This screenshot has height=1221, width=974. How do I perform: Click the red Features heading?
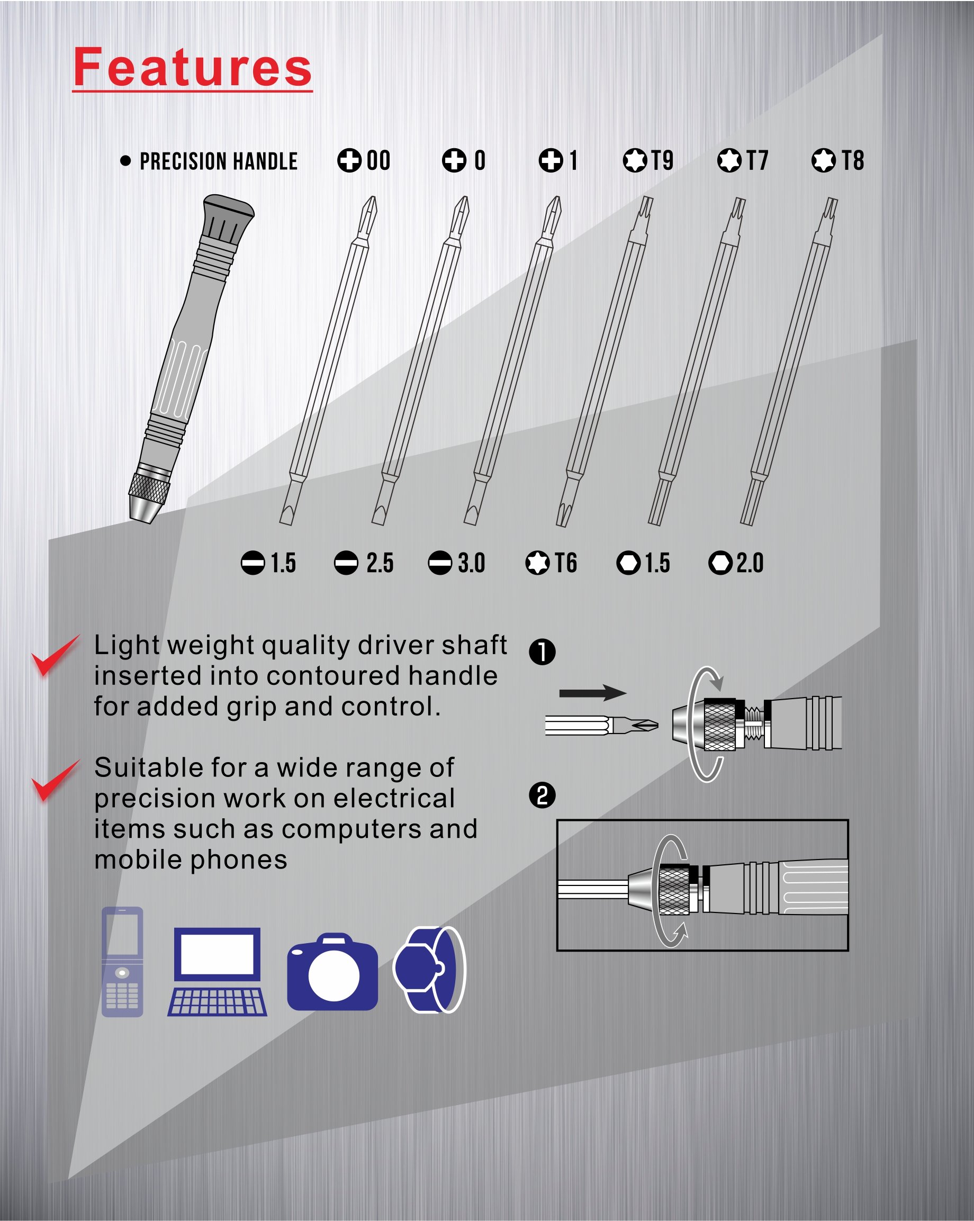pyautogui.click(x=193, y=67)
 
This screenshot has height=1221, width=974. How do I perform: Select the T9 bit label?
pyautogui.click(x=648, y=160)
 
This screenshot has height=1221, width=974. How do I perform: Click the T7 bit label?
pyautogui.click(x=743, y=160)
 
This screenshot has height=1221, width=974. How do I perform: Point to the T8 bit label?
pyautogui.click(x=837, y=160)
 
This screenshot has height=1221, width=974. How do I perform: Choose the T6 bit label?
pyautogui.click(x=551, y=563)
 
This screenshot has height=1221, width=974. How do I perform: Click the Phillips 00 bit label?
pyautogui.click(x=364, y=160)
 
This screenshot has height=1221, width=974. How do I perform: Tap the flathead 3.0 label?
pyautogui.click(x=456, y=563)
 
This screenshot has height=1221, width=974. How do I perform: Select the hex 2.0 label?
pyautogui.click(x=736, y=563)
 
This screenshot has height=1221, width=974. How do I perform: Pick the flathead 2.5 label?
pyautogui.click(x=364, y=563)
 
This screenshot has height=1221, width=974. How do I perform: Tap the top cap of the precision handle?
pyautogui.click(x=228, y=210)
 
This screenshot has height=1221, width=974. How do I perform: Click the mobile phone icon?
pyautogui.click(x=122, y=962)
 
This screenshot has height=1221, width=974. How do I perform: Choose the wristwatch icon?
pyautogui.click(x=429, y=970)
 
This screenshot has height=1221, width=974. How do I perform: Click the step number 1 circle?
pyautogui.click(x=542, y=652)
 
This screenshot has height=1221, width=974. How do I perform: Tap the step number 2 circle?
pyautogui.click(x=542, y=795)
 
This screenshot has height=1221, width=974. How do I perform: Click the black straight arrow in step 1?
pyautogui.click(x=592, y=693)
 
